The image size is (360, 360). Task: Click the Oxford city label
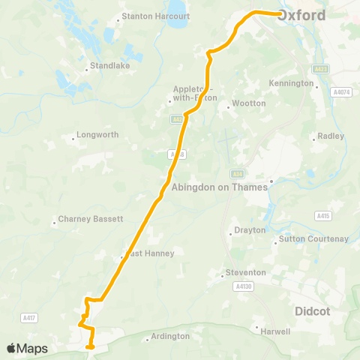pos(302,16)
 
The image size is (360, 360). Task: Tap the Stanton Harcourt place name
pos(155,16)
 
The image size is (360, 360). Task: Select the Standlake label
pos(109,66)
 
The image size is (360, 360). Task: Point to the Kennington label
pos(291,83)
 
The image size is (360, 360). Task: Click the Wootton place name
pos(249,103)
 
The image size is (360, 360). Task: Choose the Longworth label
pos(97,136)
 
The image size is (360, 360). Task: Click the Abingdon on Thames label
pos(220,187)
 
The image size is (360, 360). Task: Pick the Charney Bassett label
pos(91,221)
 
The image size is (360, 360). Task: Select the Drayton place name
pos(250,230)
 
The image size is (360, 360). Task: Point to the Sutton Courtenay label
pos(313,239)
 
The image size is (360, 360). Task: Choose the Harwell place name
pos(274,330)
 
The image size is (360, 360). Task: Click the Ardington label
pos(170,337)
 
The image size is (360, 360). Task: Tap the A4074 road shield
pos(341,91)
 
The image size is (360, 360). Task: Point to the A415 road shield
pos(323,216)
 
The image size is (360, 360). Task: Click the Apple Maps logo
pos(27,349)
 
